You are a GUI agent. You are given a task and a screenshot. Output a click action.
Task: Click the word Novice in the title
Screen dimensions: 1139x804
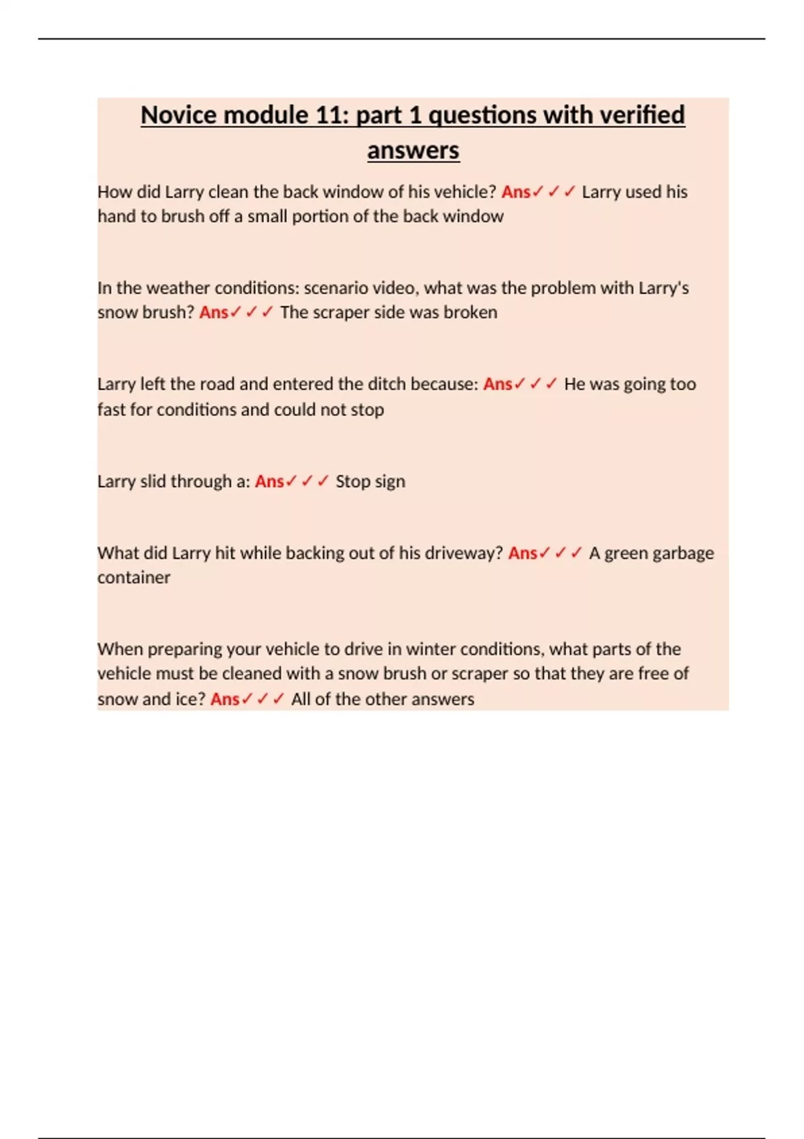178,115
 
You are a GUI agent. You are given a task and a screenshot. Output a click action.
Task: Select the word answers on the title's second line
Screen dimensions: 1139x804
413,150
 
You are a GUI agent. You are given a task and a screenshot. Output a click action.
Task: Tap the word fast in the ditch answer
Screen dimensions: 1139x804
111,409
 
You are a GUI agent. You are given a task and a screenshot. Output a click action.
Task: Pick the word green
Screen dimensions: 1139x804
626,554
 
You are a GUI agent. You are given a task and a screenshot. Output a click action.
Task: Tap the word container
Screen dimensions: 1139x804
133,578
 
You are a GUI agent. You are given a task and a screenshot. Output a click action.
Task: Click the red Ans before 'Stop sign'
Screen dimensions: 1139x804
269,482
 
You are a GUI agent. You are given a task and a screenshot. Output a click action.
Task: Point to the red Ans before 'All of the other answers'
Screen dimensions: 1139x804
225,699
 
